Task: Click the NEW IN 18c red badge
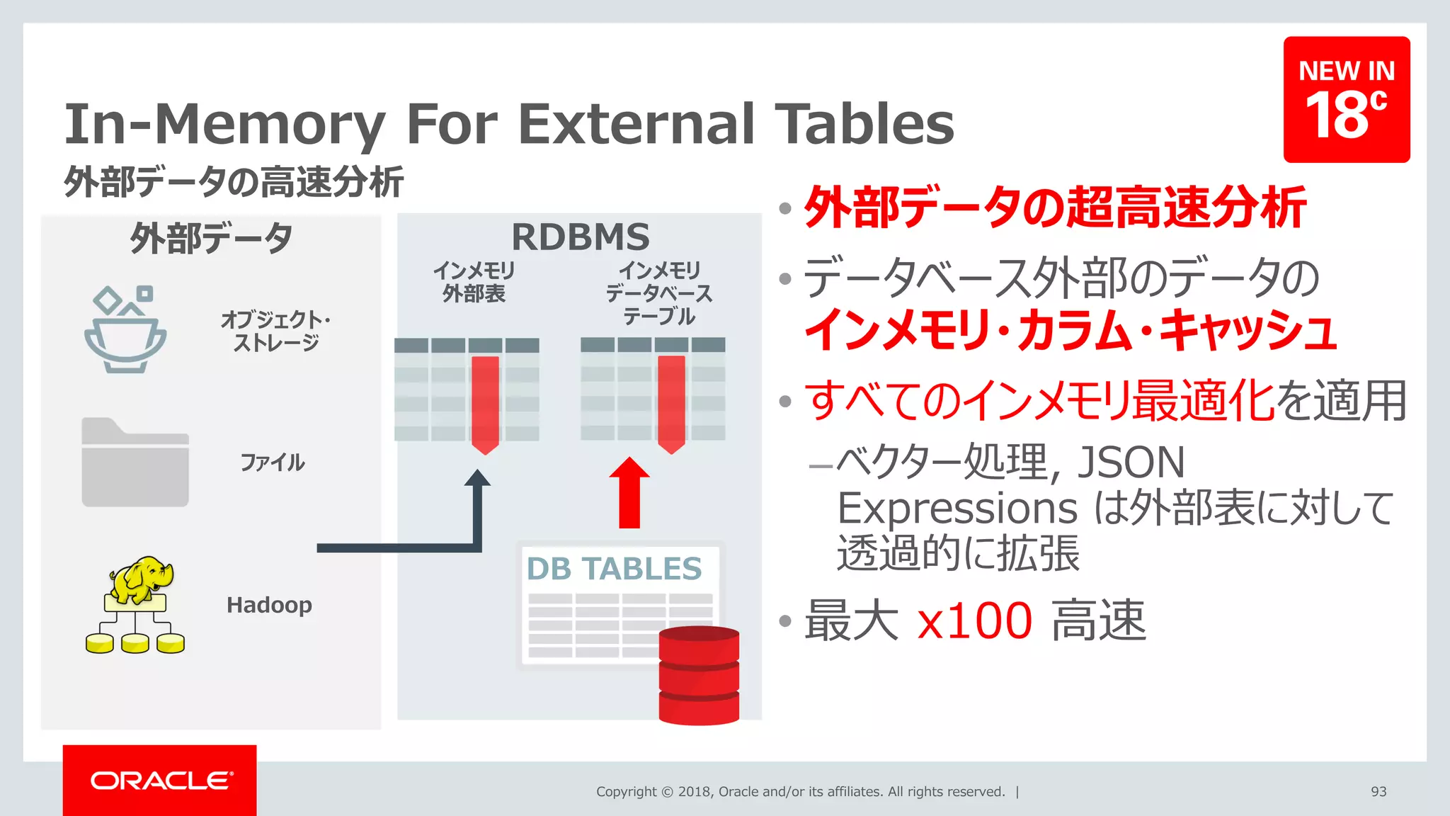1346,99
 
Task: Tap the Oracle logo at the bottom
161,780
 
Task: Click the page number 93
1378,791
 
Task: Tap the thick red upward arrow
629,492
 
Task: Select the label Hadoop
269,605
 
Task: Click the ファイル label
273,463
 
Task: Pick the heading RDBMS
580,237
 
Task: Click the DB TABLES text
614,569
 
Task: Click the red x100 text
974,620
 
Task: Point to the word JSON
1131,462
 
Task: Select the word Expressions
957,508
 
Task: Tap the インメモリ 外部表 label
474,282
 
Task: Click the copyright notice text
800,791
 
